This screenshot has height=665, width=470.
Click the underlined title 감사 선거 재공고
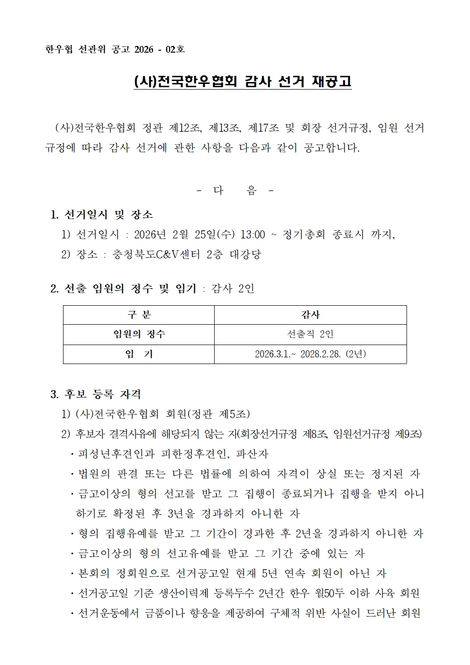pyautogui.click(x=298, y=82)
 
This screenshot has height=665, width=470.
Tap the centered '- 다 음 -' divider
pyautogui.click(x=235, y=191)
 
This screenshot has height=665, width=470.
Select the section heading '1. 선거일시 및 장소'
pyautogui.click(x=102, y=215)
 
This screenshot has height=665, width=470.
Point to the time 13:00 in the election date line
pyautogui.click(x=253, y=235)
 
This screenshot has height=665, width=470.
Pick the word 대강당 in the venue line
pyautogui.click(x=245, y=255)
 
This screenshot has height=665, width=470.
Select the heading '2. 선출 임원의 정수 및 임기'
pyautogui.click(x=123, y=288)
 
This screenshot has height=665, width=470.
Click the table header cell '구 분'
pyautogui.click(x=139, y=315)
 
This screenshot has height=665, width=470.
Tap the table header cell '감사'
pyautogui.click(x=310, y=315)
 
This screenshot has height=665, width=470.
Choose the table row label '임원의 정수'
pyautogui.click(x=139, y=334)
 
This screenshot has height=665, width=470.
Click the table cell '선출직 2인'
pyautogui.click(x=310, y=334)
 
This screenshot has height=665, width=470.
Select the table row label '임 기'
pyautogui.click(x=139, y=354)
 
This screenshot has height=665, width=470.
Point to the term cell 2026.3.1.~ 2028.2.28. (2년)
pyautogui.click(x=310, y=354)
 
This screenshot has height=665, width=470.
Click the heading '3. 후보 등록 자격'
pyautogui.click(x=96, y=394)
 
